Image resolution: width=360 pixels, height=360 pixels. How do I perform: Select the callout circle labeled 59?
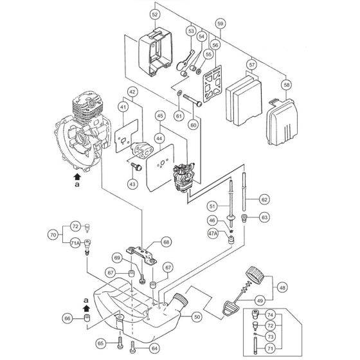click(221, 24)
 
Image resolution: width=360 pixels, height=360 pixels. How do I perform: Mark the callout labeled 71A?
click(75, 244)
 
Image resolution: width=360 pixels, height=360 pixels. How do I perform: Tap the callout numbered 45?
click(160, 116)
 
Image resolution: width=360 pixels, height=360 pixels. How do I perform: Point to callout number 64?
click(154, 349)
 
